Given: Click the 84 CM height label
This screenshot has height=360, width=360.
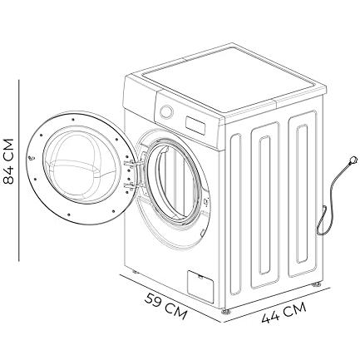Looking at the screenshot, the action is tap(8, 161).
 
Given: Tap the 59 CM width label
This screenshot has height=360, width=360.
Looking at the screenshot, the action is tap(165, 306).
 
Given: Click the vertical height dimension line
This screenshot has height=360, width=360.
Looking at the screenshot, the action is tap(19, 170).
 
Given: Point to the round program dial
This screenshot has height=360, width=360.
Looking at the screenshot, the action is tap(166, 111).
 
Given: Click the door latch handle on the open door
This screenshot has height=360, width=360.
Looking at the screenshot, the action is tap(32, 158).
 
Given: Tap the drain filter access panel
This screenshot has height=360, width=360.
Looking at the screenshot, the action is tap(200, 287).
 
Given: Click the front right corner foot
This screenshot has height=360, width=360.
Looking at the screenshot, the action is tap(226, 311).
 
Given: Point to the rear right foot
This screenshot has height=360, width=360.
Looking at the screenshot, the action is tap(316, 284).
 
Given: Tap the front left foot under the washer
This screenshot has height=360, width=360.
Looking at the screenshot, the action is tap(136, 272).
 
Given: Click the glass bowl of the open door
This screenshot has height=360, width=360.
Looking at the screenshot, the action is tap(80, 163).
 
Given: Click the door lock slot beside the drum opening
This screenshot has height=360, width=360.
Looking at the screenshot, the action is tap(206, 202).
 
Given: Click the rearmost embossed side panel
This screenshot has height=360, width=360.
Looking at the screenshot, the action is tap(303, 194).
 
